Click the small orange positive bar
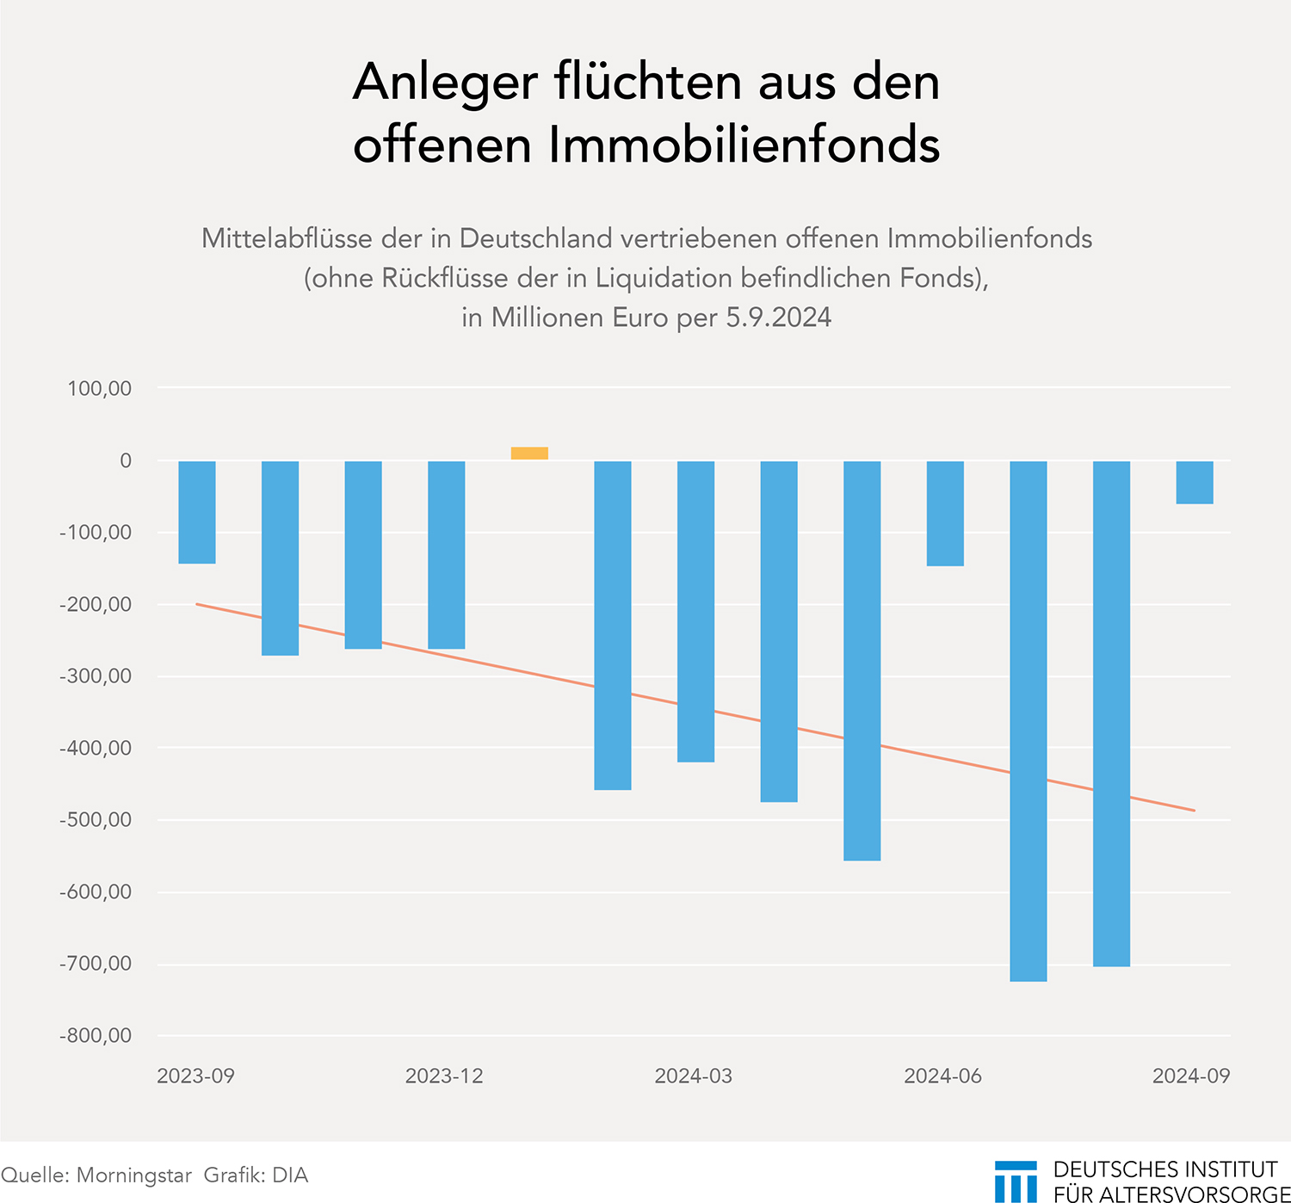pyautogui.click(x=529, y=453)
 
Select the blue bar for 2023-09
pyautogui.click(x=197, y=513)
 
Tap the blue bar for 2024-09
pyautogui.click(x=1195, y=483)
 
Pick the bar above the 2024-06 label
pyautogui.click(x=945, y=514)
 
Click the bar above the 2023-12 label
pyautogui.click(x=447, y=555)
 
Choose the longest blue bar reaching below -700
pyautogui.click(x=1028, y=721)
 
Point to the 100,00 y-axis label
pyautogui.click(x=100, y=389)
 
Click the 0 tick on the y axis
pyautogui.click(x=126, y=461)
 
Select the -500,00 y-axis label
pyautogui.click(x=96, y=820)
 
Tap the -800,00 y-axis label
pyautogui.click(x=96, y=1036)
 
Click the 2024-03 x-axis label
pyautogui.click(x=694, y=1077)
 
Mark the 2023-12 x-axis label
pyautogui.click(x=444, y=1077)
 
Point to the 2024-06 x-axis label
pyautogui.click(x=942, y=1077)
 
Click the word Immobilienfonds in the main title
pyautogui.click(x=744, y=145)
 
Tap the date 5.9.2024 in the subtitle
pyautogui.click(x=778, y=318)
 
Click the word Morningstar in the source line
pyautogui.click(x=133, y=1175)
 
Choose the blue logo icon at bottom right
pyautogui.click(x=1016, y=1181)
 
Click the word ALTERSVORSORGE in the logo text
pyautogui.click(x=1195, y=1194)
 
